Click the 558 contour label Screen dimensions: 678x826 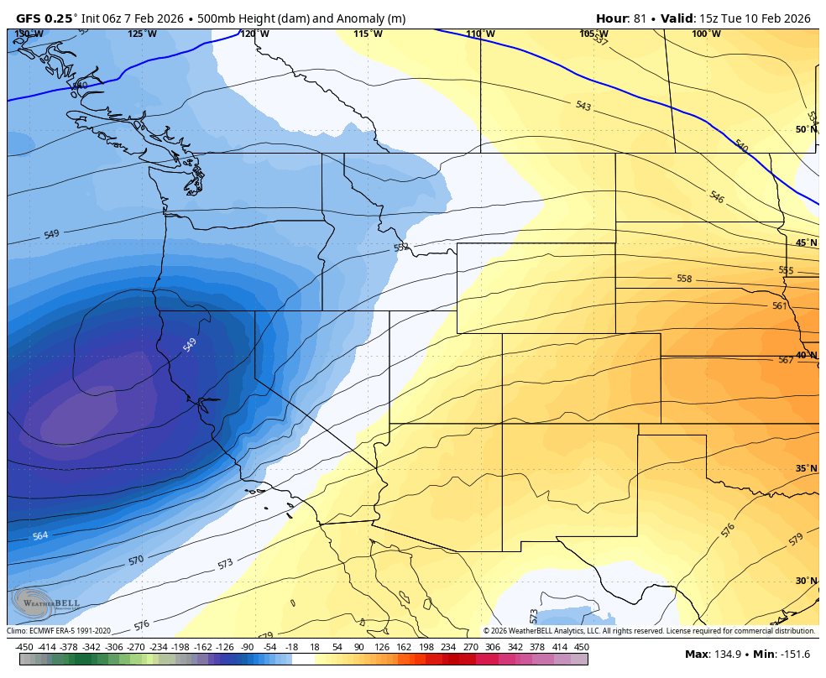coord(684,279)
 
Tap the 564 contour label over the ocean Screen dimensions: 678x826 coord(40,535)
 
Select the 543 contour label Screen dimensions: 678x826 coord(583,106)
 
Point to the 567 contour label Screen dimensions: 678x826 coord(786,360)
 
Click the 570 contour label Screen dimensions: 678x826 coord(136,560)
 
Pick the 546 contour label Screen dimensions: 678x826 coord(716,197)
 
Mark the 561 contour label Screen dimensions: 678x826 coord(780,306)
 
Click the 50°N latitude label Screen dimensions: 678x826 coord(806,129)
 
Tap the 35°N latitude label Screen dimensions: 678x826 coord(806,468)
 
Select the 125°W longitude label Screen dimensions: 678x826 coord(142,34)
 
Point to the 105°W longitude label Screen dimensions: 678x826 coord(593,34)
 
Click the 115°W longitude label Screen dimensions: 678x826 coord(368,34)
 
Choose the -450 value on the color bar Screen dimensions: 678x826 coord(24,647)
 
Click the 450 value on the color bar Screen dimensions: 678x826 coord(581,647)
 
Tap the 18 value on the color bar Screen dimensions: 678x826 coord(315,647)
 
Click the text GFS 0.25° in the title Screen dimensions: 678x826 coord(47,18)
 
